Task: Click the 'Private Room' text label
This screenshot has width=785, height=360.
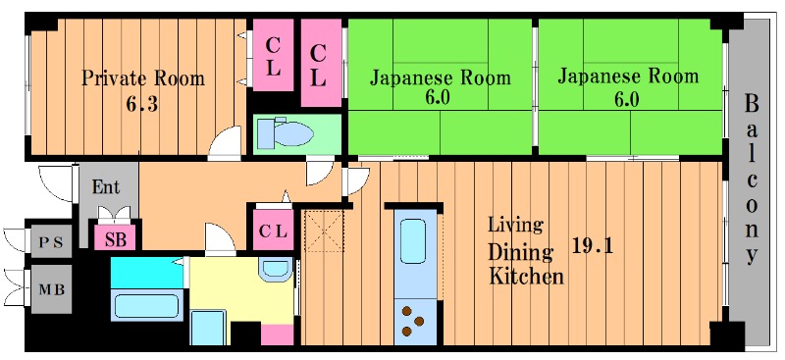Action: pos(142,77)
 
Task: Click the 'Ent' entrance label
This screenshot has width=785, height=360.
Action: pos(105,187)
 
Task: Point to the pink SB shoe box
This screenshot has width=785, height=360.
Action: pos(116,236)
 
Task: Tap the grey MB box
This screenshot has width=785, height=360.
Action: pos(51,291)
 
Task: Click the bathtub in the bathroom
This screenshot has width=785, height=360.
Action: pos(146,304)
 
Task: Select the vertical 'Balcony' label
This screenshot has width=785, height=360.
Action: pos(752,179)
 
